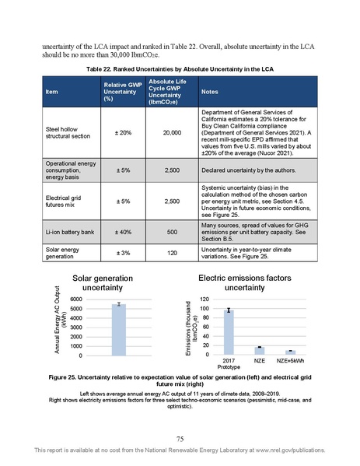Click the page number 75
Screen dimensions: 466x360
click(x=180, y=439)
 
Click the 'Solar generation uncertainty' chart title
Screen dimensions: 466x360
click(x=103, y=283)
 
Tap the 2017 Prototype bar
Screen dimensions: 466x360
click(x=229, y=332)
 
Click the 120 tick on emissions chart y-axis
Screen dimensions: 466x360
click(x=204, y=299)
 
